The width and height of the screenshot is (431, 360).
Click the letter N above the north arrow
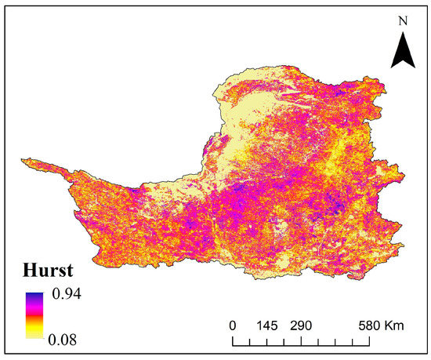coord(402,21)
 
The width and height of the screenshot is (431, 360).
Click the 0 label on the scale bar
coord(233,325)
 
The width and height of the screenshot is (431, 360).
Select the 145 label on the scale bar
coord(267,325)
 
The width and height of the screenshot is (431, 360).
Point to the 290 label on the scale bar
coord(302,325)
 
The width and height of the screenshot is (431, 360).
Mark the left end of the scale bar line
coord(233,342)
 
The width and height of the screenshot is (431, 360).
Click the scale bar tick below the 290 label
coord(302,340)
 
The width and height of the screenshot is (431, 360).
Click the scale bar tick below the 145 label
coord(267,340)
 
